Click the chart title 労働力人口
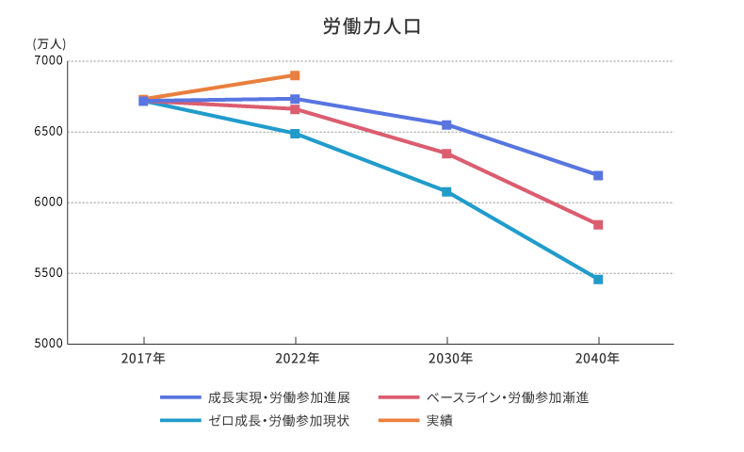pos(372,26)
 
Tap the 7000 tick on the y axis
pos(49,61)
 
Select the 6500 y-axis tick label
pos(49,132)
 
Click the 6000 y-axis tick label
pos(49,202)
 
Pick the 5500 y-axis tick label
pos(49,273)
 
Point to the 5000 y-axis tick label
pos(49,344)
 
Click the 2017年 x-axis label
pos(143,359)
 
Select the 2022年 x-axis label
pos(295,359)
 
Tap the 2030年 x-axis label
pos(446,359)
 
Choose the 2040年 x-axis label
pos(598,359)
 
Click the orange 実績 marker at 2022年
pos(295,75)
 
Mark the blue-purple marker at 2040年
pos(598,175)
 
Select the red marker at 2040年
pos(598,225)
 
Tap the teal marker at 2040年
pos(598,280)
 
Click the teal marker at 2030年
pos(446,192)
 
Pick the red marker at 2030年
pos(446,153)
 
